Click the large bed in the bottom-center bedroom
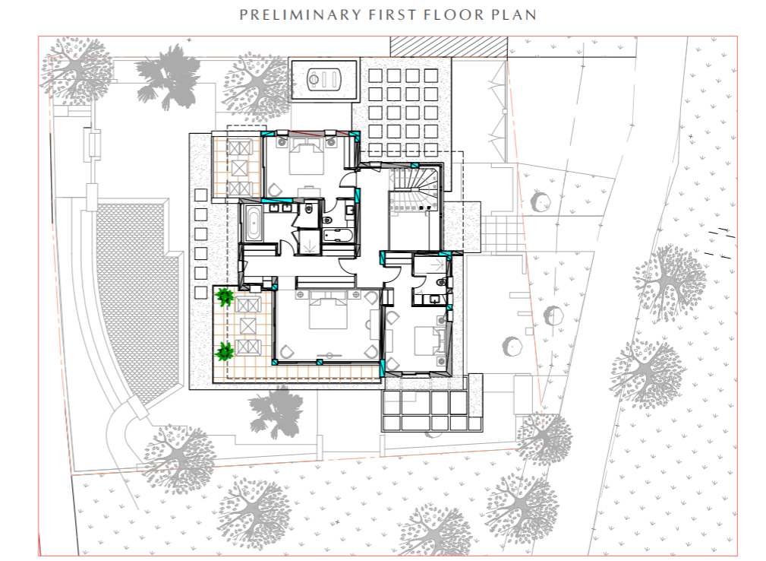(x=327, y=313)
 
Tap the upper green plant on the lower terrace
(x=225, y=296)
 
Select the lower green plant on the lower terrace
(x=225, y=351)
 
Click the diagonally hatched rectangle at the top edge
(x=449, y=46)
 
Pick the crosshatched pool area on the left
(x=137, y=296)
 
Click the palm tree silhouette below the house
(x=274, y=411)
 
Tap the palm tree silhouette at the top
(x=168, y=76)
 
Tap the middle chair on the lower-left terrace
(x=247, y=326)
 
